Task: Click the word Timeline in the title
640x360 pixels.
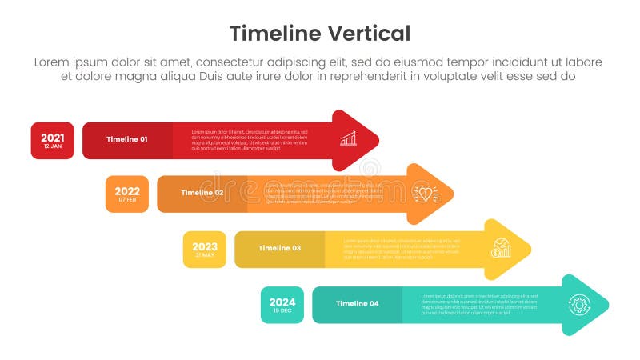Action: tap(269, 34)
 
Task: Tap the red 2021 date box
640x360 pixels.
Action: tap(53, 141)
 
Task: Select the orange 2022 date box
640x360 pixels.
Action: tap(127, 194)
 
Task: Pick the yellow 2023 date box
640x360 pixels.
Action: tap(205, 249)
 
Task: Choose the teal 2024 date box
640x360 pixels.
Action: tap(282, 305)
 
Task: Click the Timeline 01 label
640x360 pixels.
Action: tap(127, 140)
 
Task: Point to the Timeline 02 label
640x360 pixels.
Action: tap(202, 194)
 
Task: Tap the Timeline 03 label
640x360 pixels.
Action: tap(279, 249)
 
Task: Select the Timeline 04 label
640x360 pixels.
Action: tap(357, 304)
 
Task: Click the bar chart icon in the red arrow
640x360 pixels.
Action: tap(348, 140)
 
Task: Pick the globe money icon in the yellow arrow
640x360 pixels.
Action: tap(502, 248)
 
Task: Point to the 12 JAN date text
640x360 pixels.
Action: tap(53, 146)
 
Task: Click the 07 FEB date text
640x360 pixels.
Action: tap(127, 200)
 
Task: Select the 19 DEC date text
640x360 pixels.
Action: tap(282, 310)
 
